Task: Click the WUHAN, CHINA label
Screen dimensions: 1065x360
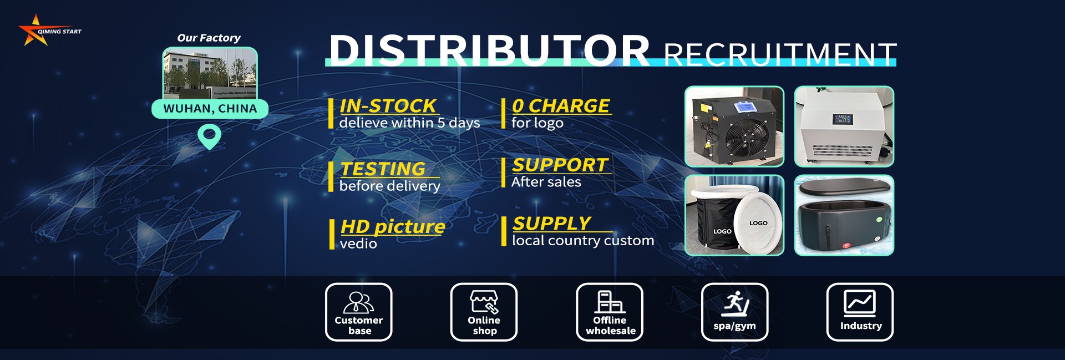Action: [x=210, y=109]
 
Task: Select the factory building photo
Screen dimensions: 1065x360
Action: [x=210, y=73]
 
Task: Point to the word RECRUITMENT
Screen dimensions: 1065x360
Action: [x=780, y=54]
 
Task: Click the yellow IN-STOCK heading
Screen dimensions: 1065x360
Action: [x=388, y=105]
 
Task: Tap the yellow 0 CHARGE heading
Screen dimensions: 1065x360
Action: [x=561, y=105]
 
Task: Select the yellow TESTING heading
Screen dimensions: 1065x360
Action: [x=383, y=169]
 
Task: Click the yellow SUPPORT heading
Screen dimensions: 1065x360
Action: [x=560, y=165]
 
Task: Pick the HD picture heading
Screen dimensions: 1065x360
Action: [x=393, y=226]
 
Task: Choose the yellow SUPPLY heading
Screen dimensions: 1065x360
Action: [x=552, y=223]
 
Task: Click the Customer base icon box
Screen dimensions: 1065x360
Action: [x=359, y=312]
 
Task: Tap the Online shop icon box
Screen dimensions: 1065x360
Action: [x=484, y=312]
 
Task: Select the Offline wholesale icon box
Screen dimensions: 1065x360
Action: [x=610, y=312]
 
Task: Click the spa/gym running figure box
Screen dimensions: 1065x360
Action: [x=735, y=312]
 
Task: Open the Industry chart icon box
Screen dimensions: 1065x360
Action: [x=860, y=312]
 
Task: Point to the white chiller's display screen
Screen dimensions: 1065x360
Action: [x=843, y=119]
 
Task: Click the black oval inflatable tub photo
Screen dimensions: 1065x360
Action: [x=844, y=215]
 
